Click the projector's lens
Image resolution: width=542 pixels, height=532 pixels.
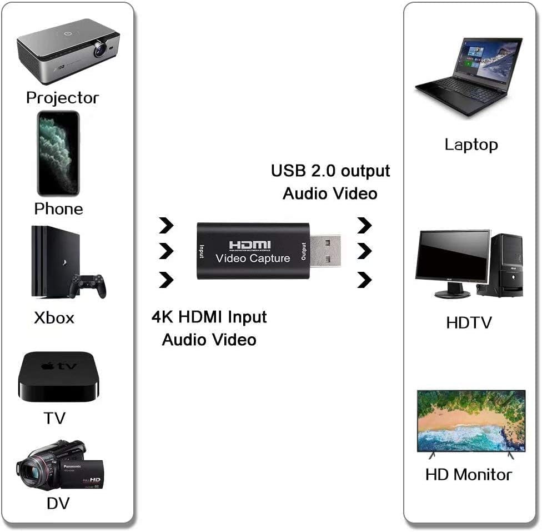[x=101, y=49]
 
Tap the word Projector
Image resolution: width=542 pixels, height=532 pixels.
[x=63, y=98]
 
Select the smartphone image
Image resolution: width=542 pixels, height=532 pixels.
[x=58, y=153]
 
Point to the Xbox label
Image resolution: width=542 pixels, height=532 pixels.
[x=54, y=318]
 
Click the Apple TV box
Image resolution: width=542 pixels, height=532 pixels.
[x=58, y=376]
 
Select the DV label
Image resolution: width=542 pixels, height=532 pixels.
[x=58, y=503]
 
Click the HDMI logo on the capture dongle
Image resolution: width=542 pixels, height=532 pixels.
[x=250, y=245]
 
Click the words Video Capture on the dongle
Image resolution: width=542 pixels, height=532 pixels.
[x=253, y=258]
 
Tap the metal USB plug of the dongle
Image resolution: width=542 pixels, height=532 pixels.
[x=325, y=251]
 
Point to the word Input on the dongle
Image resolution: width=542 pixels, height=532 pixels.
[x=202, y=251]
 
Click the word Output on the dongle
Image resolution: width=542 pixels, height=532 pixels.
[x=304, y=251]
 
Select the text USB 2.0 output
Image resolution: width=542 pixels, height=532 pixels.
[x=330, y=171]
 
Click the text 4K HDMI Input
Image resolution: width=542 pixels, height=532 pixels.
[x=209, y=317]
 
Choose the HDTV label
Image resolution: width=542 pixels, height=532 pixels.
[x=469, y=323]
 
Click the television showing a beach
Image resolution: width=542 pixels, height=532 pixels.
[x=471, y=424]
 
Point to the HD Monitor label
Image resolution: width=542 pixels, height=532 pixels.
[x=469, y=475]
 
